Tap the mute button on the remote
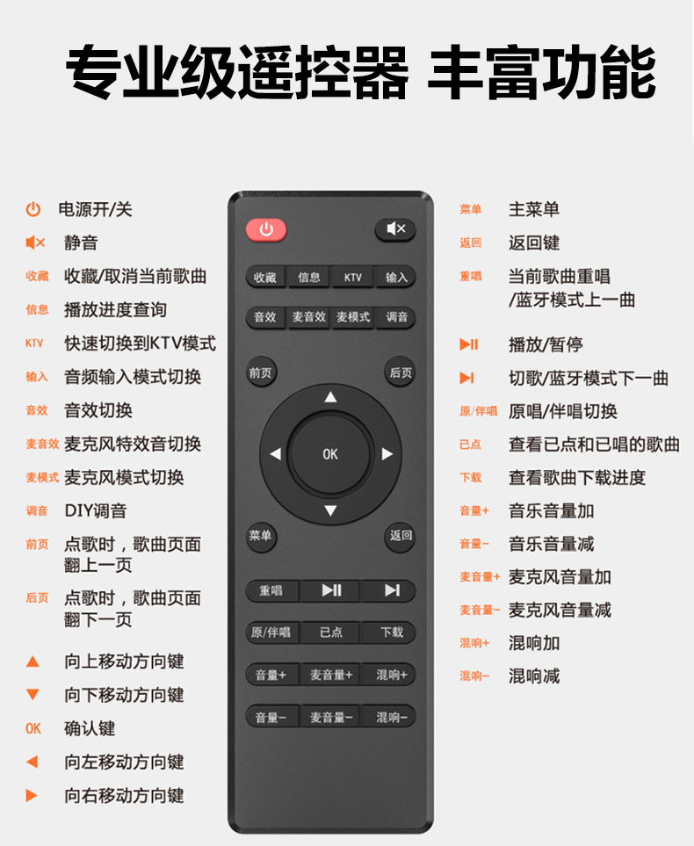[x=395, y=229]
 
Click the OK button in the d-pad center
[x=330, y=454]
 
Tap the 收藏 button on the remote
[x=265, y=278]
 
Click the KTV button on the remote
[x=352, y=278]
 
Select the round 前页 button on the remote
[x=261, y=372]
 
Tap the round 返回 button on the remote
[x=401, y=536]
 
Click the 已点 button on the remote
[x=331, y=633]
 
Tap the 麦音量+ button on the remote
[x=331, y=675]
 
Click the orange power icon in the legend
[x=33, y=209]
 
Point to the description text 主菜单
[x=534, y=209]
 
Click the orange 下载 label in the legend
[x=470, y=478]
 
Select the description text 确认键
[x=90, y=728]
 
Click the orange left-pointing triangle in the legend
[x=33, y=762]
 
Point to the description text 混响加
[x=534, y=643]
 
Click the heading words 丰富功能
[x=541, y=72]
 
